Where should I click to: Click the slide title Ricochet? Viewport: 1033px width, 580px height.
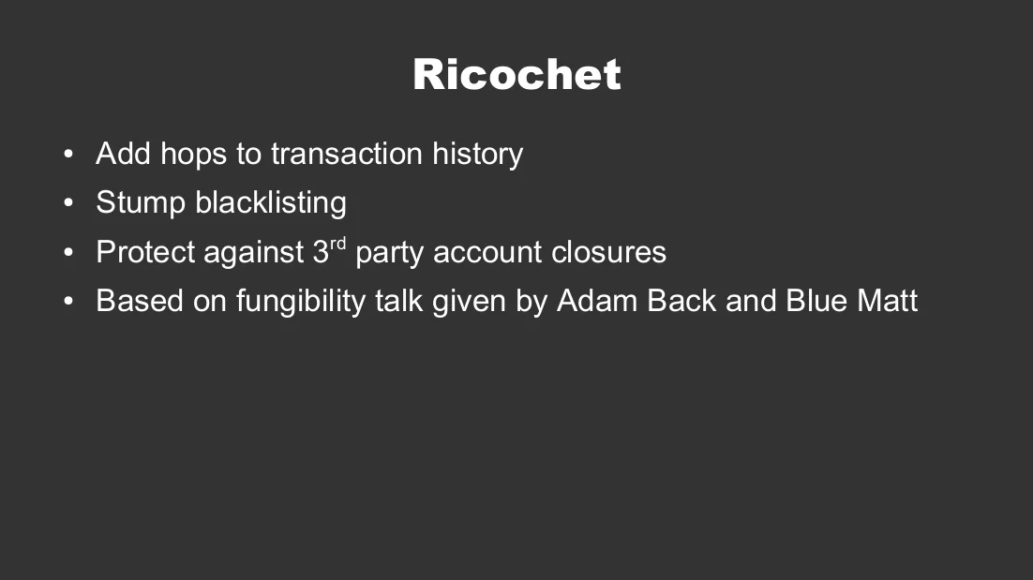pyautogui.click(x=516, y=74)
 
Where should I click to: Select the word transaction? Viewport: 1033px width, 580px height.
pyautogui.click(x=347, y=154)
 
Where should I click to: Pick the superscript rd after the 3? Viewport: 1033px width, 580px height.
pyautogui.click(x=337, y=244)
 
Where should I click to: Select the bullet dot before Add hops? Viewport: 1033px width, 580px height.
pyautogui.click(x=68, y=154)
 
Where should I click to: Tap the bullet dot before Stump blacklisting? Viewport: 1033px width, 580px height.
pyautogui.click(x=68, y=202)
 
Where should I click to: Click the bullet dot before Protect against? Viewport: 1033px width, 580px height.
pyautogui.click(x=68, y=252)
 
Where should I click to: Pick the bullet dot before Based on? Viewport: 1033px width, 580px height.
pyautogui.click(x=68, y=301)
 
